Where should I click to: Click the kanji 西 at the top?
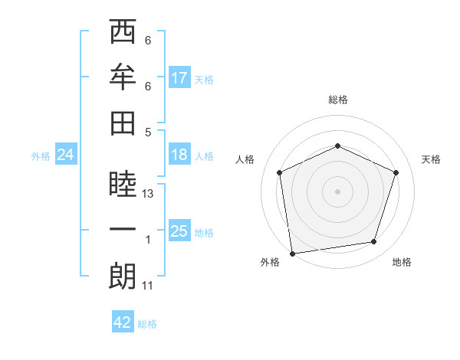123,33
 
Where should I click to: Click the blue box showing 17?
179,78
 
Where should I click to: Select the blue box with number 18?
179,155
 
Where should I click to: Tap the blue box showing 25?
179,231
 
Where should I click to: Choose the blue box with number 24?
65,155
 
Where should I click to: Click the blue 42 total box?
123,322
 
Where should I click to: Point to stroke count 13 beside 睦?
149,195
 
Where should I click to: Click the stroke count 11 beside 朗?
149,286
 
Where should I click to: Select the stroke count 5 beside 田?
148,131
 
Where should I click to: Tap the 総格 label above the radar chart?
337,100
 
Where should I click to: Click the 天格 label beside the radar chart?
431,159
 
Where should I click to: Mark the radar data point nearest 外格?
292,253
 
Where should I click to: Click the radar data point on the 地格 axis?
374,242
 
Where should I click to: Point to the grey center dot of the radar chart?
337,191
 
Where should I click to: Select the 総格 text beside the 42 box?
147,324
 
